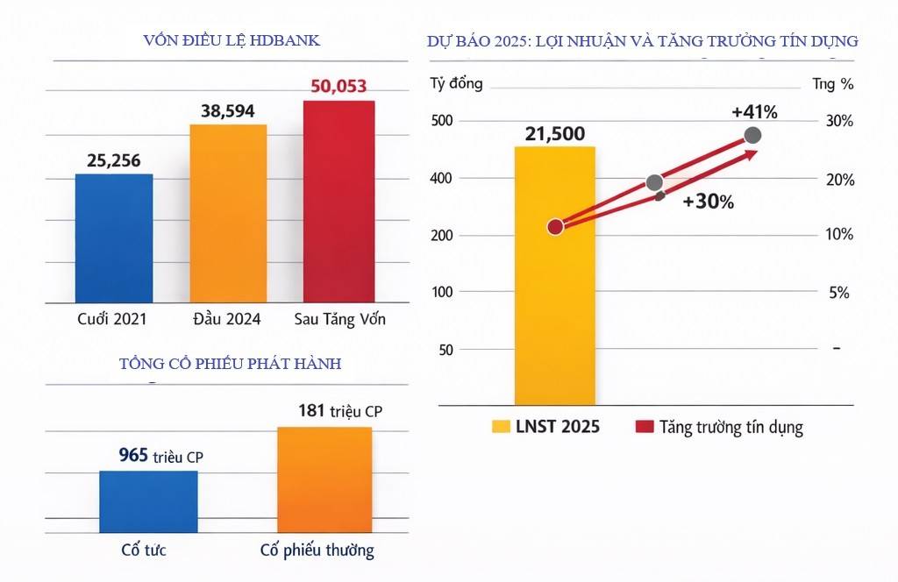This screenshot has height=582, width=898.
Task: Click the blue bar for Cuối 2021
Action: (x=114, y=238)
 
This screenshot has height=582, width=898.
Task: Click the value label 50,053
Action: (x=339, y=87)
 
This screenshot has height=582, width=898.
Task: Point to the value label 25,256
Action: (x=114, y=160)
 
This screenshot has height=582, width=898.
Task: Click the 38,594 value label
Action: (x=228, y=111)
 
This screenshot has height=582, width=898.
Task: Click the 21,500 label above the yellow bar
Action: (x=554, y=134)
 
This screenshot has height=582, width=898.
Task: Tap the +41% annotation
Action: (x=754, y=112)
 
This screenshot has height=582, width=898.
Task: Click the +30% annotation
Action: (x=708, y=201)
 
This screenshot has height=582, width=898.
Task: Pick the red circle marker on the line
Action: (x=555, y=227)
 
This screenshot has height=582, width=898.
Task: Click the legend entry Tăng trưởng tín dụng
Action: (x=719, y=428)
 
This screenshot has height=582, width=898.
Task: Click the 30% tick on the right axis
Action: (x=839, y=120)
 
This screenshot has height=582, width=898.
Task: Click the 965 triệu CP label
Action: (x=161, y=456)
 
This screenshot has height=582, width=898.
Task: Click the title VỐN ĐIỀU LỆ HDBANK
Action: (x=231, y=41)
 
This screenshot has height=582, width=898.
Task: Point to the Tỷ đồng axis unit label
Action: (x=456, y=84)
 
